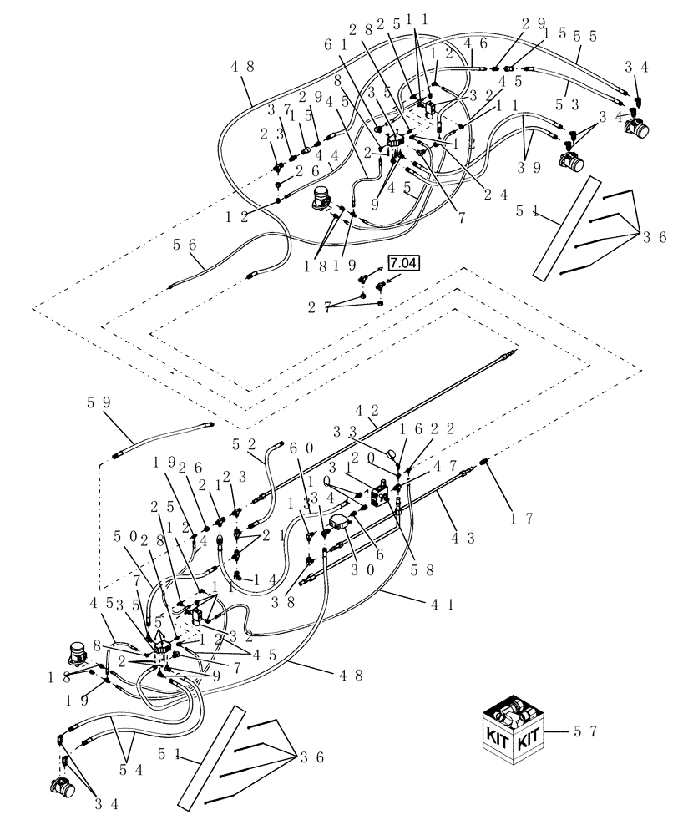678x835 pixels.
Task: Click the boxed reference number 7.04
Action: coord(402,265)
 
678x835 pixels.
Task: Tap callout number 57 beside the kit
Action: coord(585,732)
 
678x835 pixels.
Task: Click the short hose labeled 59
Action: coord(159,439)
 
